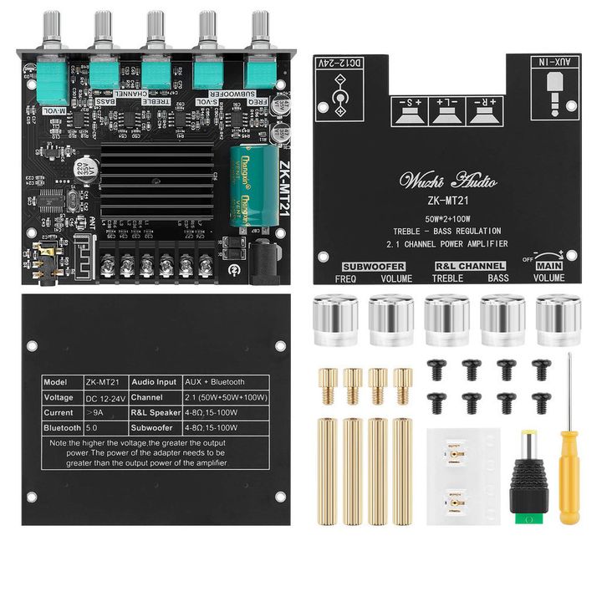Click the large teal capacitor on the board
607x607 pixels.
point(256,186)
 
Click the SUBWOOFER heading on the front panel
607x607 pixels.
point(374,267)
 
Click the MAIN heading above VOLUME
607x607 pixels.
point(551,267)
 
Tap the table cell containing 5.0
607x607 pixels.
point(93,427)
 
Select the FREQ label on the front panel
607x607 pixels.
point(346,278)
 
